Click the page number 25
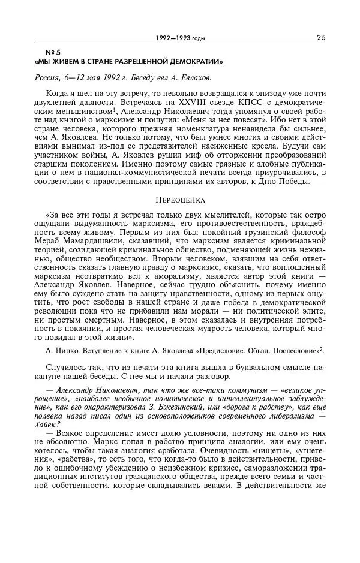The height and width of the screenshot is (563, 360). pos(321,38)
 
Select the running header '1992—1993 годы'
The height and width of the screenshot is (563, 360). pos(179,38)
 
